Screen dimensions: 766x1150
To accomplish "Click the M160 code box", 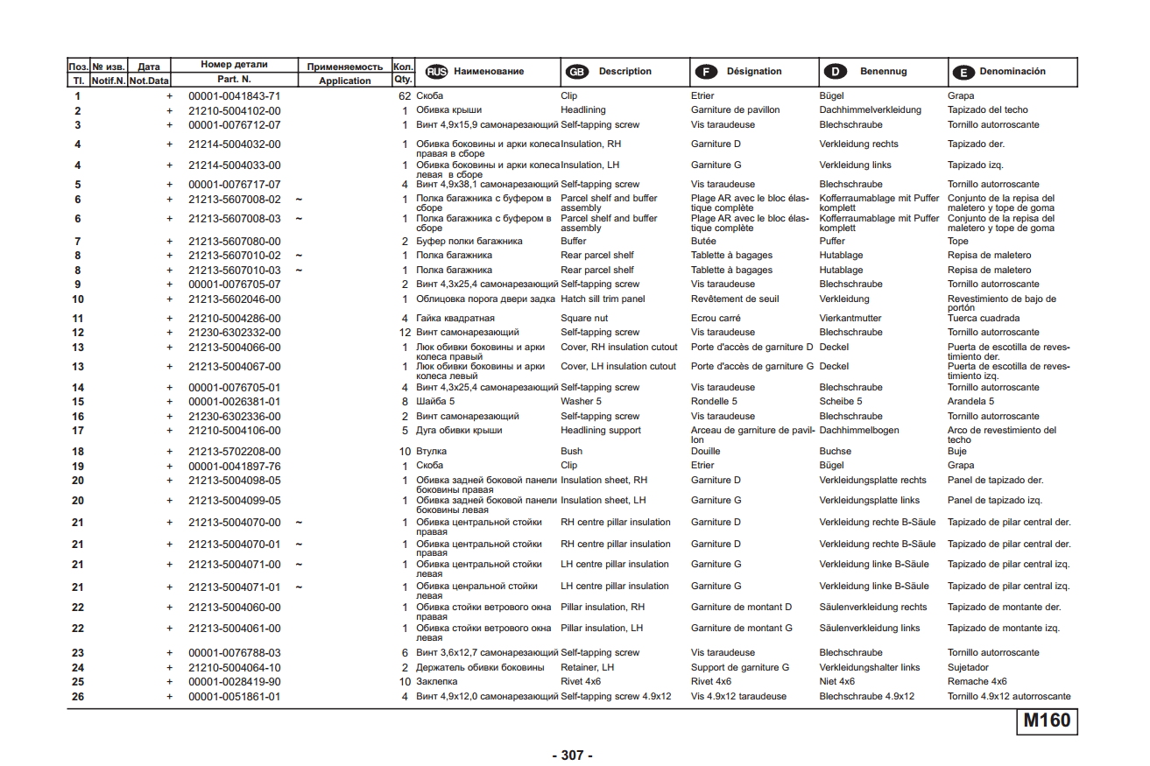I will [1047, 720].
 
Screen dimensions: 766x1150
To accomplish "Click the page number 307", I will [572, 755].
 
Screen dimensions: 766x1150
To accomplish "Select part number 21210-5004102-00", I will [235, 110].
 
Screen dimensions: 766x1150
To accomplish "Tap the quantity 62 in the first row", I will [404, 95].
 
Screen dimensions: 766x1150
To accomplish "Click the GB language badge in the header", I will [576, 72].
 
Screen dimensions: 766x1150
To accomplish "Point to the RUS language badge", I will [435, 72].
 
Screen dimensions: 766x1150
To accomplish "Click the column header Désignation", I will [754, 72].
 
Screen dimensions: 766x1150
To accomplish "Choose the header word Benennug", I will [883, 72].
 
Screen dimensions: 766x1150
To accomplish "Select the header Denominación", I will [1012, 72].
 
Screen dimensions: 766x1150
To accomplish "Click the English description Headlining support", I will [601, 431].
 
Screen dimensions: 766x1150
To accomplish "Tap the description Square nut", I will [584, 319].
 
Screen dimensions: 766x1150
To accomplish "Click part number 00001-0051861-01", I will [235, 697].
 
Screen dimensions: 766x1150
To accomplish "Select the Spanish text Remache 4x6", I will [977, 682].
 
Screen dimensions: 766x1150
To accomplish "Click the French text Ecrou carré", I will [716, 319].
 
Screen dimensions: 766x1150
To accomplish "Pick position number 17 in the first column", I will [78, 431].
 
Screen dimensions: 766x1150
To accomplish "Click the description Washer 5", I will [582, 402].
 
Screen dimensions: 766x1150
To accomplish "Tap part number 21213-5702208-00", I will [235, 452].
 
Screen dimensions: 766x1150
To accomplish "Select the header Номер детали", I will [234, 65].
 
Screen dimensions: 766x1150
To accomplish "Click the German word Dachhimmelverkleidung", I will [870, 110].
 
